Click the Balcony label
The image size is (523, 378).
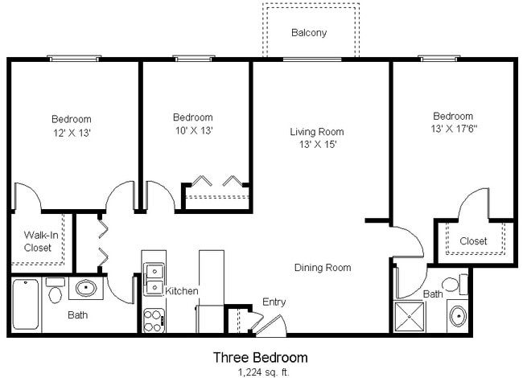click(x=309, y=33)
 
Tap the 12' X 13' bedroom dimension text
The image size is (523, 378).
click(x=71, y=133)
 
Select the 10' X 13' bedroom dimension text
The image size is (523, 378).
click(x=192, y=130)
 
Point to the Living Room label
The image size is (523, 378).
click(x=316, y=132)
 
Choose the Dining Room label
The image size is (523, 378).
click(x=322, y=268)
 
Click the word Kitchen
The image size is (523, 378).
click(x=182, y=291)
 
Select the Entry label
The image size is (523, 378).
click(x=274, y=302)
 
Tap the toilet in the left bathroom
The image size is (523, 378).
click(x=55, y=291)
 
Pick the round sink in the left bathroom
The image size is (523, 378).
click(x=84, y=287)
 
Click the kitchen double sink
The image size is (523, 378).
click(x=154, y=278)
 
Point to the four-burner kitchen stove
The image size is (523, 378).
click(x=154, y=320)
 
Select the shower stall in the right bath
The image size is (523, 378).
click(x=414, y=316)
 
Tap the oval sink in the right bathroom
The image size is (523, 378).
click(x=458, y=315)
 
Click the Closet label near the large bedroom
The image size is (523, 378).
click(x=473, y=241)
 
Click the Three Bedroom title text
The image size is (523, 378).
click(x=260, y=356)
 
